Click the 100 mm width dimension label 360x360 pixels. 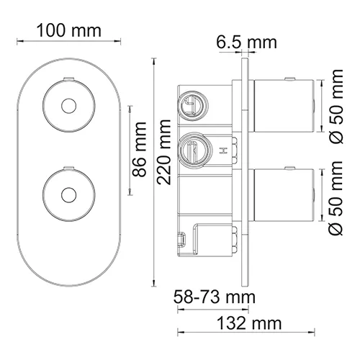pos(69,31)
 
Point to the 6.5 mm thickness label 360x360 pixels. pos(246,42)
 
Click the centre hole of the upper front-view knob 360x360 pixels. pos(68,106)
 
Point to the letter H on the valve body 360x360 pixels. pos(223,151)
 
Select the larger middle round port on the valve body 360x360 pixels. pos(192,150)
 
